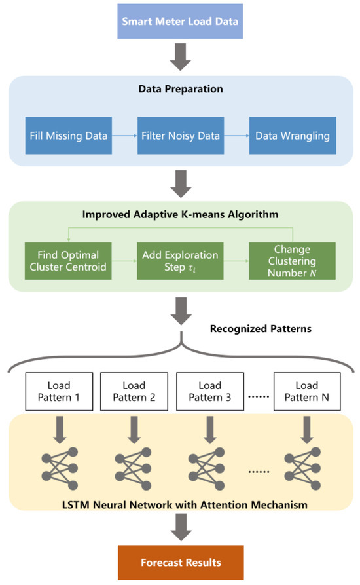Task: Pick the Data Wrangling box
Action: (293, 136)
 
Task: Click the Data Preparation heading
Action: (180, 89)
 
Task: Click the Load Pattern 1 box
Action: (60, 391)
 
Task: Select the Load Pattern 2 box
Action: (134, 391)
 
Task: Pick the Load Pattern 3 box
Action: (209, 391)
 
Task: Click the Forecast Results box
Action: (180, 562)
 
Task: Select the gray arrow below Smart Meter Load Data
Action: (180, 58)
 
